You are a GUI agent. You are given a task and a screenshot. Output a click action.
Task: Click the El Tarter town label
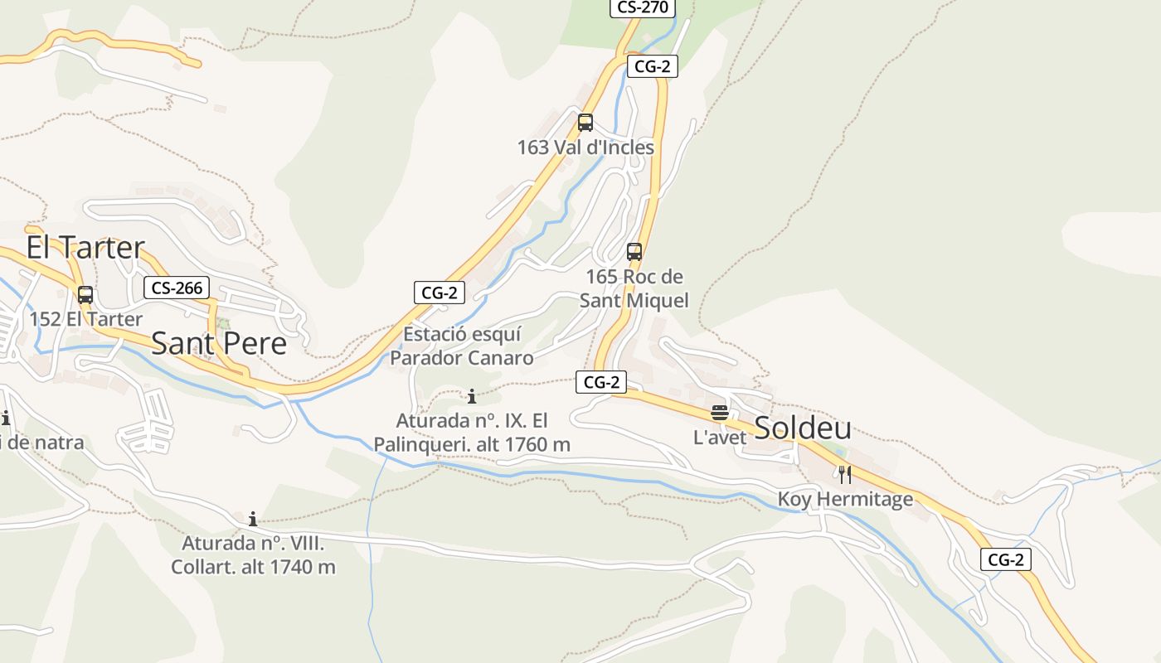85,247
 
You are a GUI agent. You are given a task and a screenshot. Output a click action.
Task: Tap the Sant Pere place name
219,343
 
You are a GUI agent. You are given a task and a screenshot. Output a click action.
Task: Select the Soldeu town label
803,428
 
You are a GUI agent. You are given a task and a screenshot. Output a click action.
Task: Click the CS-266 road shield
177,288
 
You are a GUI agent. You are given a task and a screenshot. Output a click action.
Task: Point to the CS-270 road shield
643,7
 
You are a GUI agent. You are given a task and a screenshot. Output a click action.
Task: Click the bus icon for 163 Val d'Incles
585,123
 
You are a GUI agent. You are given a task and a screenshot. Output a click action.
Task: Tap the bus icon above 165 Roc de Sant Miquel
634,252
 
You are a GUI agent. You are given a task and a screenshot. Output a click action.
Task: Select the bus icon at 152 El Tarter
85,294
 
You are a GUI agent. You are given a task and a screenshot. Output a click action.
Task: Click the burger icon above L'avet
720,413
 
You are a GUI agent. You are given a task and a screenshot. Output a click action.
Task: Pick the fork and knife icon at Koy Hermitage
845,475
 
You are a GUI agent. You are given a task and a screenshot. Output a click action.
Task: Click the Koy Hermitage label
845,499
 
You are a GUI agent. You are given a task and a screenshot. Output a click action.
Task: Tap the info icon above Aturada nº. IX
472,396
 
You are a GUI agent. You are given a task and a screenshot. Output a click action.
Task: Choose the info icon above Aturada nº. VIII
253,520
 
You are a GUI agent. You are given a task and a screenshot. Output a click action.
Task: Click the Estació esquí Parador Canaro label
462,346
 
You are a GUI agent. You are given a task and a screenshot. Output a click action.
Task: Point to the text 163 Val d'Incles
585,148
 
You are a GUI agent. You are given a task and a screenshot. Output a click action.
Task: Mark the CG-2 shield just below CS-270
652,67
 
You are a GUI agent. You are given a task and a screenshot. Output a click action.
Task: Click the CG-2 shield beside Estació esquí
440,292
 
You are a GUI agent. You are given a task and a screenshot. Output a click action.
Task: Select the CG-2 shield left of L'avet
601,382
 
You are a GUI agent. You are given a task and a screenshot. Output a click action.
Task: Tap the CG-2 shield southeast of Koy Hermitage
1006,559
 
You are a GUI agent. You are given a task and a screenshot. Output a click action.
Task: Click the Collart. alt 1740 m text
253,567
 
